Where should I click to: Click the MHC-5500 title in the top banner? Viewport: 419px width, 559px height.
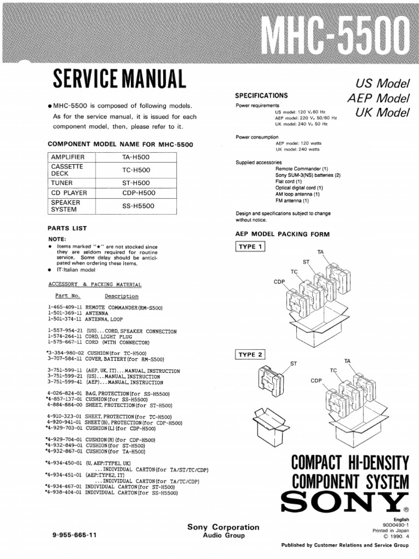point(336,32)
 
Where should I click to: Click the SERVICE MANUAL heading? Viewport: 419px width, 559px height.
point(119,80)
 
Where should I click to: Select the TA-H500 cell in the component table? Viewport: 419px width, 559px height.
point(136,157)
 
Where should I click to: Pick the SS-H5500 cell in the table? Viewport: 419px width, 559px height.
point(138,206)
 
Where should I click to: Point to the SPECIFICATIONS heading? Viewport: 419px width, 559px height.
point(261,96)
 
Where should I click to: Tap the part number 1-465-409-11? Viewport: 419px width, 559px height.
point(65,308)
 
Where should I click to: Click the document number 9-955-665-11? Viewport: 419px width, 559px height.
point(74,536)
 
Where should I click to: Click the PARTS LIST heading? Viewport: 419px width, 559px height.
point(67,228)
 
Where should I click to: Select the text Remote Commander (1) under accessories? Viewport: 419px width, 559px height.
point(302,169)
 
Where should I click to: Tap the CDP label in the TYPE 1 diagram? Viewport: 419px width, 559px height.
point(279,282)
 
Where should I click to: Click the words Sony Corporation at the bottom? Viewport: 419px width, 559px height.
point(223,527)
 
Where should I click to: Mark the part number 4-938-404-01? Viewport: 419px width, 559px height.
point(65,492)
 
